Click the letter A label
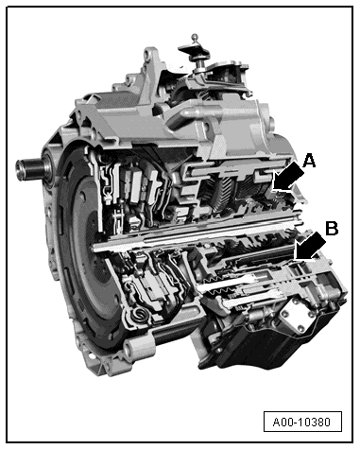(x=309, y=161)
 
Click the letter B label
(x=332, y=228)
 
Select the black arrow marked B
(x=310, y=248)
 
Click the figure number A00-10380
(x=301, y=422)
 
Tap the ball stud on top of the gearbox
(x=196, y=37)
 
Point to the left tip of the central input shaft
(x=94, y=248)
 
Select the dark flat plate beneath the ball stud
(x=194, y=50)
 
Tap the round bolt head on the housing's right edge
(x=270, y=121)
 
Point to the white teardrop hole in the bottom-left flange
(x=91, y=355)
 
